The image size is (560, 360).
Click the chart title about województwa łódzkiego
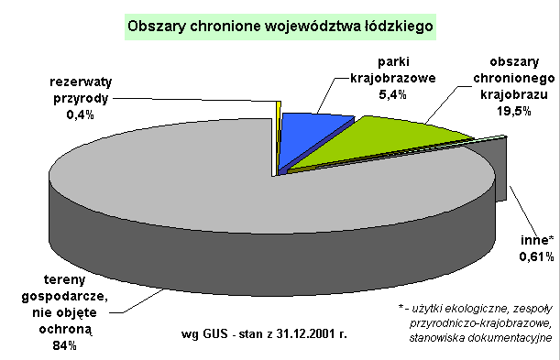(x=280, y=27)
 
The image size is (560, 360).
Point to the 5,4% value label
(x=392, y=94)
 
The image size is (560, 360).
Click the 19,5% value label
(x=514, y=111)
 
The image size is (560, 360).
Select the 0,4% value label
(x=80, y=115)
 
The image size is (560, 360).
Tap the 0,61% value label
(x=536, y=256)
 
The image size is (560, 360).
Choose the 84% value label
(x=65, y=345)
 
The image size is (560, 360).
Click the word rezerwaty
(x=81, y=82)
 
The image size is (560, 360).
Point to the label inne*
(x=537, y=240)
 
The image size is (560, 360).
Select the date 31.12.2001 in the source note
(x=308, y=334)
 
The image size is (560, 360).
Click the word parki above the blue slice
(x=393, y=62)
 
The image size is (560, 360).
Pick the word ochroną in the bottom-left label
(x=65, y=330)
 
